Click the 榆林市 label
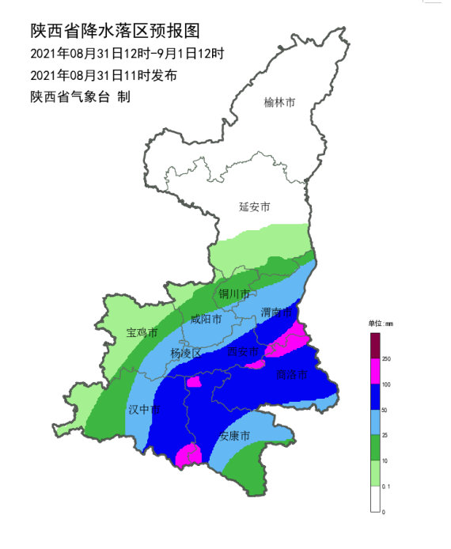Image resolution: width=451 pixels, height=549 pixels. [x=279, y=102]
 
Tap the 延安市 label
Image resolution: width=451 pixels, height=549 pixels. [x=255, y=206]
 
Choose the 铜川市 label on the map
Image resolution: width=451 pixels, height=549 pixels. [x=234, y=293]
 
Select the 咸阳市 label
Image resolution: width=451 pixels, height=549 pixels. [x=206, y=320]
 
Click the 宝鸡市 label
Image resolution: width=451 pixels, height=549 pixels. [x=142, y=333]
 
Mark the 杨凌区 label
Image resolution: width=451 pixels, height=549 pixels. [x=186, y=353]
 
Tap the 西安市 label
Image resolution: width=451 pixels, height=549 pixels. [x=243, y=351]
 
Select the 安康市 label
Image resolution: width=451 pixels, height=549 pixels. [x=235, y=436]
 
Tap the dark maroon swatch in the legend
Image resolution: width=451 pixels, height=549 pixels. [x=375, y=345]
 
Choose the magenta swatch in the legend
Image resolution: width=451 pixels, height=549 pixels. [x=375, y=371]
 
